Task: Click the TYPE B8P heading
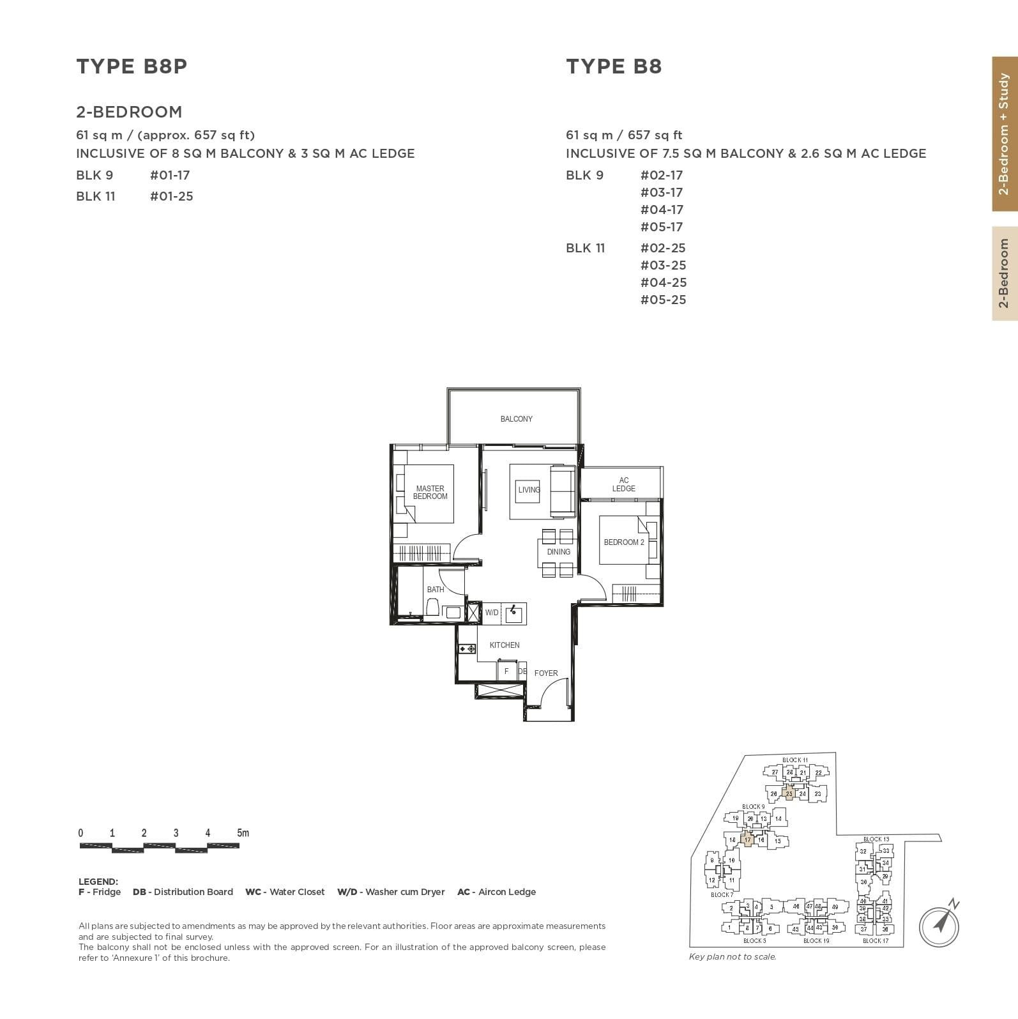(132, 66)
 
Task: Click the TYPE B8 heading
(614, 66)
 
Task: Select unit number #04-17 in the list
(662, 210)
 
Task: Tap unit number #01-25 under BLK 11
(171, 196)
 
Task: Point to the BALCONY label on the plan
(516, 419)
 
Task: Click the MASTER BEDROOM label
(430, 493)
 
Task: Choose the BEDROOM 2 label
(624, 542)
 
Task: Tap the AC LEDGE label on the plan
(623, 484)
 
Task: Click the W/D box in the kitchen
(491, 613)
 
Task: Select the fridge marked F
(506, 671)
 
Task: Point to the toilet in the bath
(432, 608)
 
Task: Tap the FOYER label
(546, 673)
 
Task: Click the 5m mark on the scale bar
(243, 833)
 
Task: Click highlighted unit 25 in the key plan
(789, 794)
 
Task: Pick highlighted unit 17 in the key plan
(748, 840)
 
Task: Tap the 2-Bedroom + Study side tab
(1005, 134)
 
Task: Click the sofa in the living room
(563, 491)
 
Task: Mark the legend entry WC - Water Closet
(285, 892)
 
